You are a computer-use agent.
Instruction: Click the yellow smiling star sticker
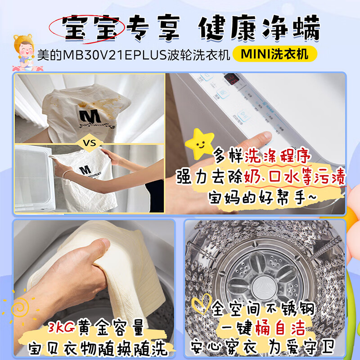(201, 143)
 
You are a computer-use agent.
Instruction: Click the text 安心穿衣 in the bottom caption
(234, 347)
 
